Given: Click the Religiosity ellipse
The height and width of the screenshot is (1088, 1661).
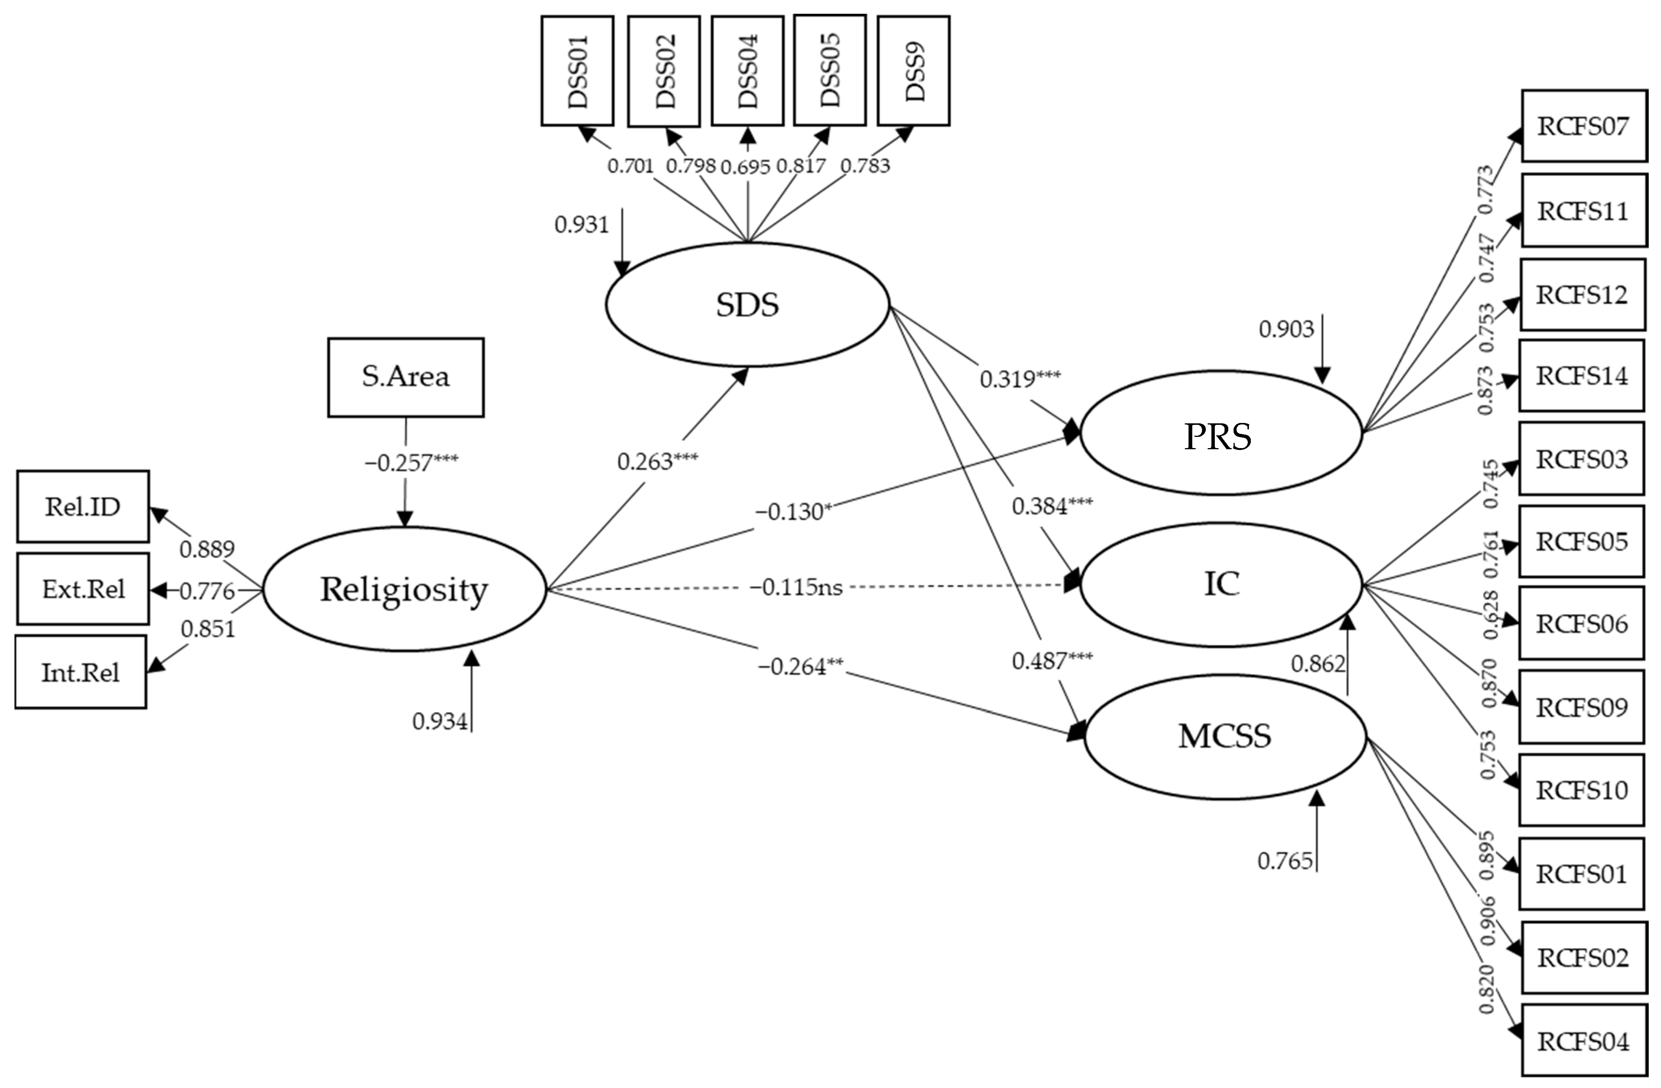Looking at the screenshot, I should (x=404, y=590).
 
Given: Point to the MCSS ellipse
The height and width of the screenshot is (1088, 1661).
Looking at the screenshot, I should (x=1225, y=736).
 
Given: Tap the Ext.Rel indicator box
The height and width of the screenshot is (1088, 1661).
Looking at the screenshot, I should (x=82, y=589).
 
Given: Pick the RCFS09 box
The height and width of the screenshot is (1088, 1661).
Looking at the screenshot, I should (x=1581, y=707).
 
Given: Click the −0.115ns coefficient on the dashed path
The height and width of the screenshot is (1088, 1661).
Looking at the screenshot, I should (x=796, y=588).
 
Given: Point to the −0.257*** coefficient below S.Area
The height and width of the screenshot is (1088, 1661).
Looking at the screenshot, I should (x=411, y=462).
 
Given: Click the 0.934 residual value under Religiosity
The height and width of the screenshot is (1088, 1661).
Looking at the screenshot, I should (x=440, y=721).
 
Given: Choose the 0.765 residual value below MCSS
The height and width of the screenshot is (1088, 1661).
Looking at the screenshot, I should (x=1285, y=861).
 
